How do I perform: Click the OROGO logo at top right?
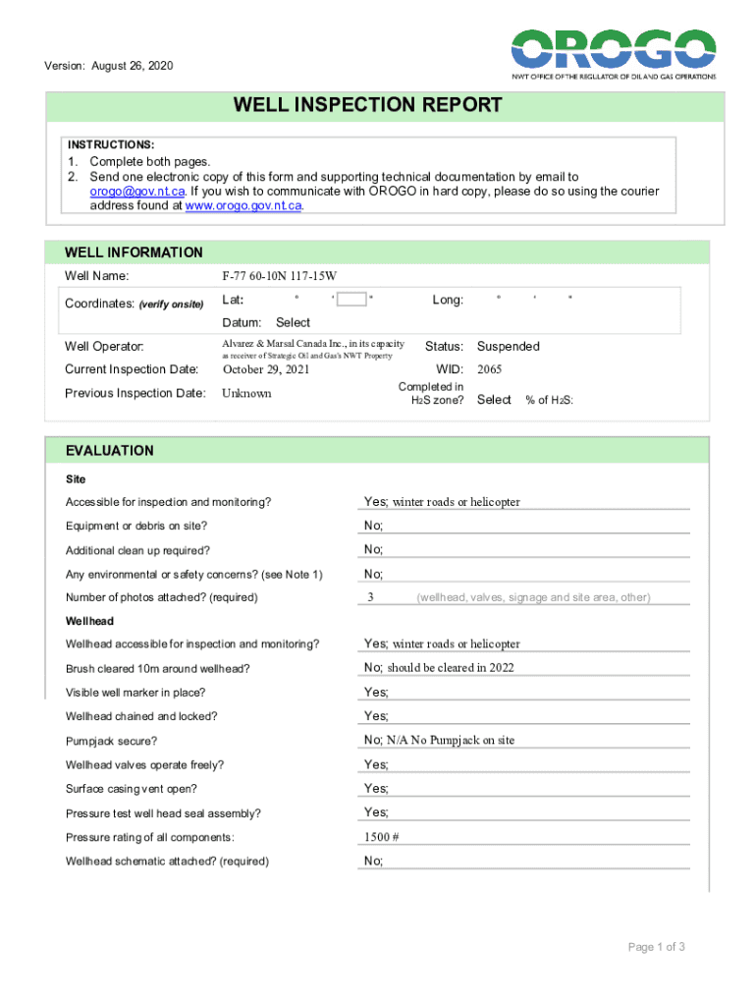coord(613,54)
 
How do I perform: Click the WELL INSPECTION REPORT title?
coord(367,105)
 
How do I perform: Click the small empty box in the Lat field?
coord(351,299)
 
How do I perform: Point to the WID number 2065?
coord(489,370)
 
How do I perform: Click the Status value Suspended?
coord(508,346)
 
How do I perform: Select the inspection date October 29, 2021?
coord(266,370)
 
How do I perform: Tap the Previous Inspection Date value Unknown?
coord(246,394)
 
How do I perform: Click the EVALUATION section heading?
coord(109,451)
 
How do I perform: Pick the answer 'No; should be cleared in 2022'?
coord(439,668)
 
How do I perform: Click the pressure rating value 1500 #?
coord(381,837)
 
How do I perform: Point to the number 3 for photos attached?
coord(370,597)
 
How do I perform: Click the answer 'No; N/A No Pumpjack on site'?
coord(439,741)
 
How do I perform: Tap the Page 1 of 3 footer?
coord(656,947)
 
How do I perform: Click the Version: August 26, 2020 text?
coord(108,66)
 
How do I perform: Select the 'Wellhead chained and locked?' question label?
coord(140,716)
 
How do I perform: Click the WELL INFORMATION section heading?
coord(134,252)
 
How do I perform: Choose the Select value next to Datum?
coord(293,322)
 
